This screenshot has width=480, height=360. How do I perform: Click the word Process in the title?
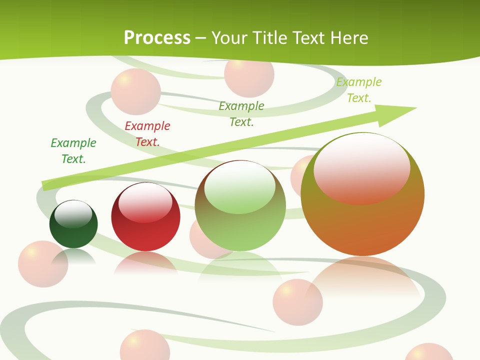tap(157, 37)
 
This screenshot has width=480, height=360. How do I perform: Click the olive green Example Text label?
tap(241, 113)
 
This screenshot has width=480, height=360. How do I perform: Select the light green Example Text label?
tap(359, 90)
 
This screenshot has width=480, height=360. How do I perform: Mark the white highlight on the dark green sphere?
tap(73, 213)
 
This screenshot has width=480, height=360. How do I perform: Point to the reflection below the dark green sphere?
tap(73, 257)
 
